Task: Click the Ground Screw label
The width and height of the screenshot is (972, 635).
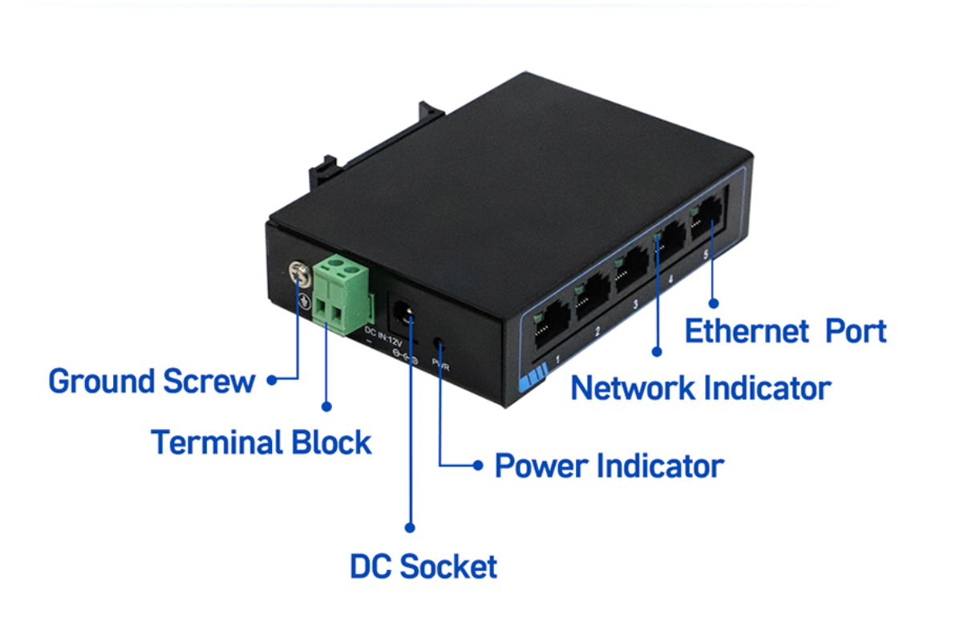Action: click(x=152, y=382)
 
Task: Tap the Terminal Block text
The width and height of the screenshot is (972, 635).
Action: click(x=261, y=443)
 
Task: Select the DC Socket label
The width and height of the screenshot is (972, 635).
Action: click(x=423, y=567)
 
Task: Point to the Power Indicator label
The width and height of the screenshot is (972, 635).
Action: click(x=609, y=466)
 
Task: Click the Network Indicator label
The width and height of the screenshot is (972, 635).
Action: click(x=700, y=389)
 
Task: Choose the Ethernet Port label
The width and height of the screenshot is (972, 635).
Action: click(x=785, y=332)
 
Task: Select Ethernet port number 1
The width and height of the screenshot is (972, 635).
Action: click(x=550, y=326)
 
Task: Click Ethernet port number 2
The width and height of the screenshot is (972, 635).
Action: click(x=592, y=298)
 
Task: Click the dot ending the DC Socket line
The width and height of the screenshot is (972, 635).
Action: click(x=410, y=528)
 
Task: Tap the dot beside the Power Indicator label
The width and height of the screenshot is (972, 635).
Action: click(x=478, y=465)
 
